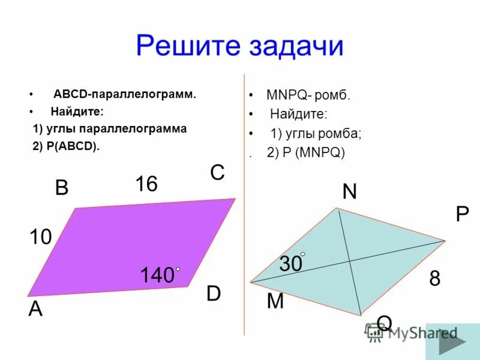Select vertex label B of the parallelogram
pos(62,188)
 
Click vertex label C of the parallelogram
pos(217,173)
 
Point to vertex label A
pos(36,309)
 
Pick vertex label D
pos(214,294)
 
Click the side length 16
pos(146,184)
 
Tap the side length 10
pos(41,238)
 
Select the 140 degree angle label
pos(157,275)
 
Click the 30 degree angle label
pos(290,263)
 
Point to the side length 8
pos(434,278)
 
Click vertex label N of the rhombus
pos(349,191)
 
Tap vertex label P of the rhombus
pos(462,215)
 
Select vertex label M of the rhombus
pos(275,301)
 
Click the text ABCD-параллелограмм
pos(125,94)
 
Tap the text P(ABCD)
pos(70,146)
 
